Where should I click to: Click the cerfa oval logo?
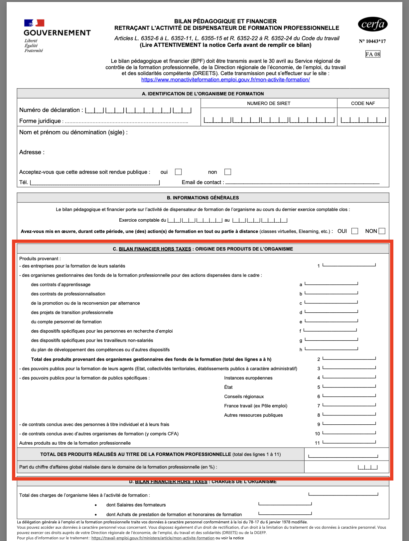click(372, 24)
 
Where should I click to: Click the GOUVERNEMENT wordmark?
click(57, 33)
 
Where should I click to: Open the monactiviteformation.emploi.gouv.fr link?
click(225, 80)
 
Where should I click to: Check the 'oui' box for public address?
click(179, 172)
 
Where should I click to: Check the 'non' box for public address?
click(228, 172)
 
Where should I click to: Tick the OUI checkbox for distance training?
click(355, 231)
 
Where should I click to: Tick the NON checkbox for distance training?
click(382, 231)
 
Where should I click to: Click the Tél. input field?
click(95, 182)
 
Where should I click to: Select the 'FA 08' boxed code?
click(372, 54)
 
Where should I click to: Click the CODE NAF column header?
click(363, 103)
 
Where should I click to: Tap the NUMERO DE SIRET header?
click(269, 103)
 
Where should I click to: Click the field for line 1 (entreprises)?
click(349, 265)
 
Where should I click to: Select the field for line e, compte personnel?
click(332, 320)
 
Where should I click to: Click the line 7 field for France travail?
click(349, 404)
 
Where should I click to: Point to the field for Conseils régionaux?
click(349, 395)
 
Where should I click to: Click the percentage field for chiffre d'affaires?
click(368, 467)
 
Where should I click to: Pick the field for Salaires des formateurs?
click(285, 504)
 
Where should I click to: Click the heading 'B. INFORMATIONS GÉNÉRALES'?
click(203, 198)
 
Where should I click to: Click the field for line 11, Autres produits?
click(349, 442)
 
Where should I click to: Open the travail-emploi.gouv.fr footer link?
click(153, 538)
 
